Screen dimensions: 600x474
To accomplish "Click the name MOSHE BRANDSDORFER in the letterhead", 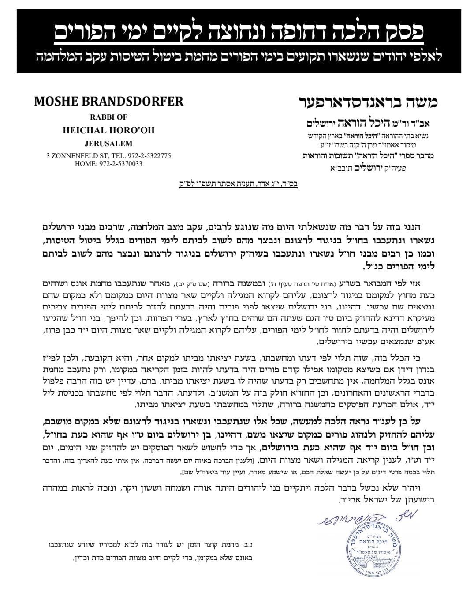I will click(108, 102).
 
